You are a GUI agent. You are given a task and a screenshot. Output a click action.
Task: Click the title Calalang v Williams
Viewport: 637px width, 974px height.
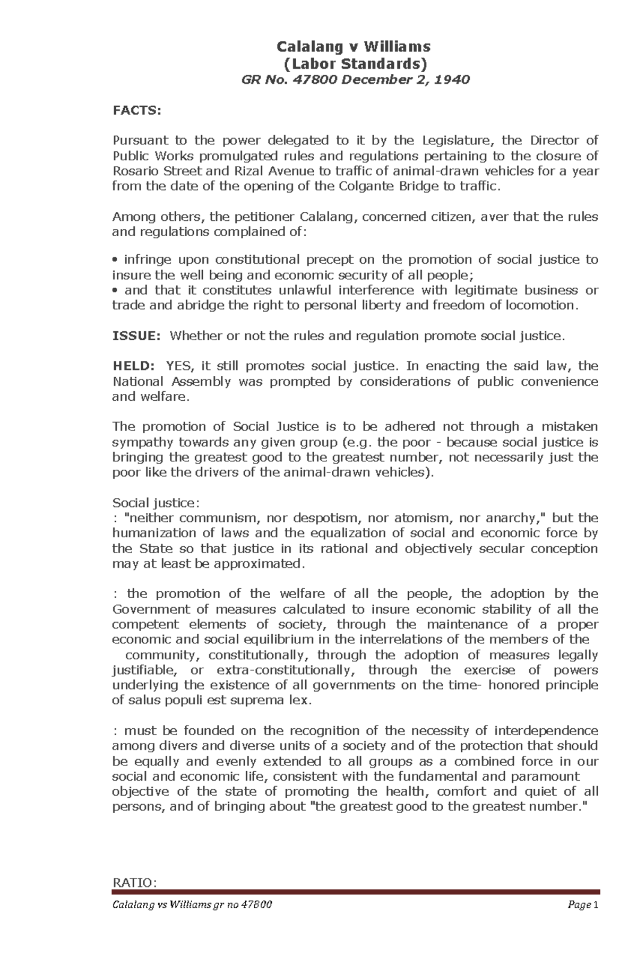point(354,47)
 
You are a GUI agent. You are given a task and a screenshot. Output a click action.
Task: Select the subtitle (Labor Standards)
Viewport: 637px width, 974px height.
point(354,64)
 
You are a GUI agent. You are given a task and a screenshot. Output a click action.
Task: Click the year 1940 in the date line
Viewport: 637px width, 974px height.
point(453,80)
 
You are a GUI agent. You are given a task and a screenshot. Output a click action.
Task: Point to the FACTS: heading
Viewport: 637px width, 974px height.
point(136,110)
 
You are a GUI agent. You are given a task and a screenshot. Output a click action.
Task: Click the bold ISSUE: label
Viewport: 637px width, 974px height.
point(136,336)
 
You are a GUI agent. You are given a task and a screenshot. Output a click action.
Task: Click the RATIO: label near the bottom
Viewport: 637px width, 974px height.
point(135,882)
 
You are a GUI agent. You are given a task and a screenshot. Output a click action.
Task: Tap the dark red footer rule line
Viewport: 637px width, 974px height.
point(356,892)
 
